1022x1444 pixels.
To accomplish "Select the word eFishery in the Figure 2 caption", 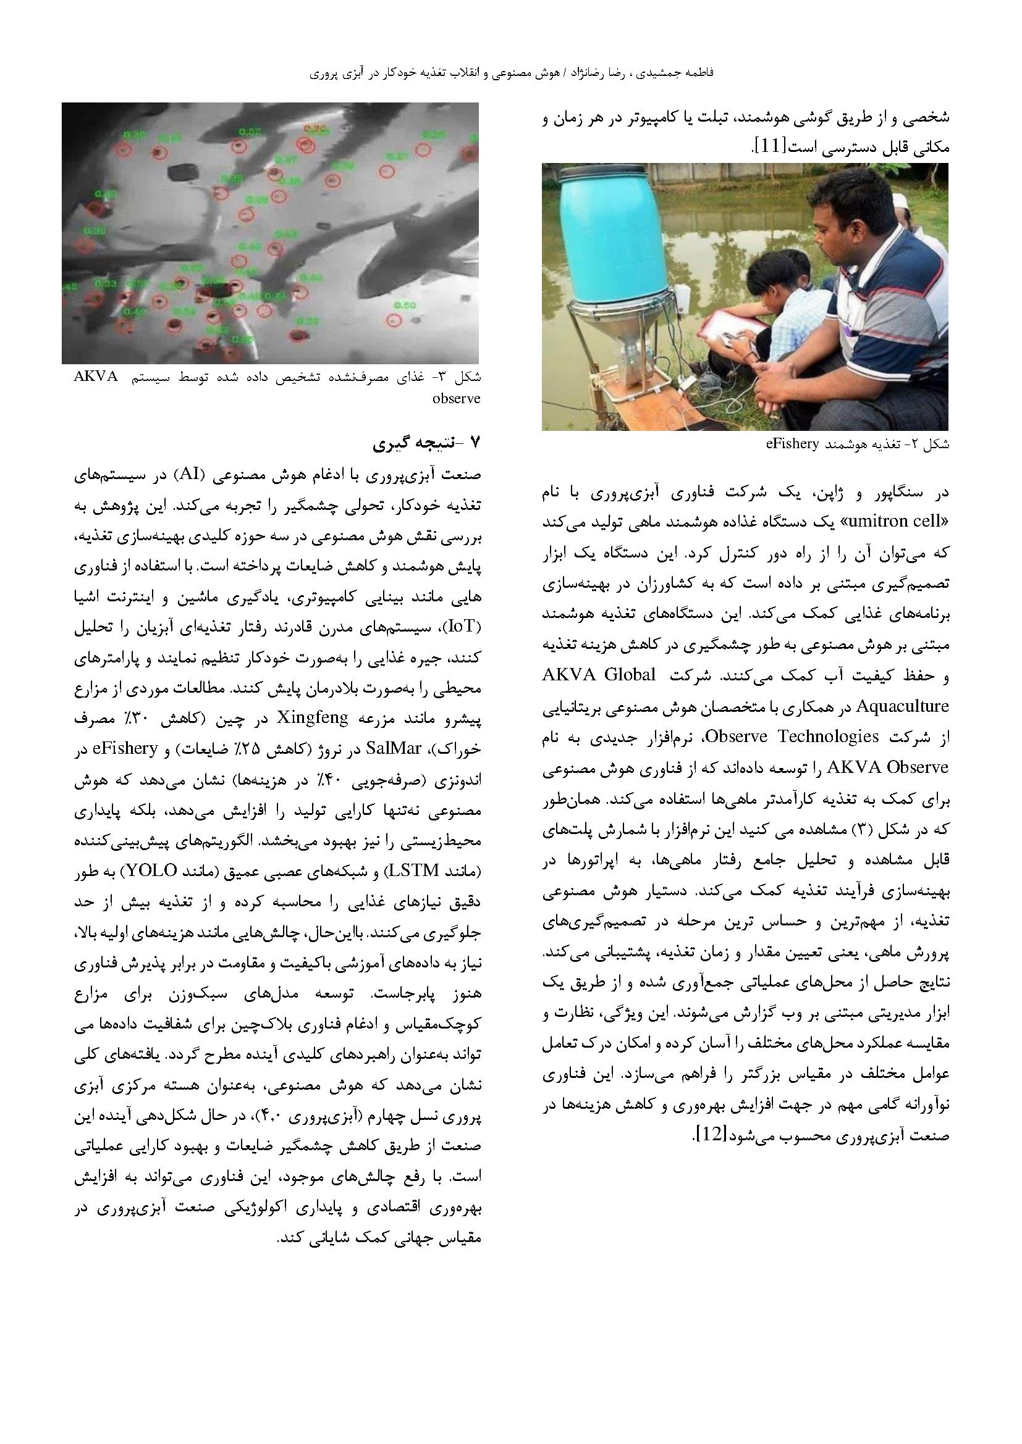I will (792, 444).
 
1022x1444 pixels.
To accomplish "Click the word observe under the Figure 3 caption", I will (457, 398).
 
